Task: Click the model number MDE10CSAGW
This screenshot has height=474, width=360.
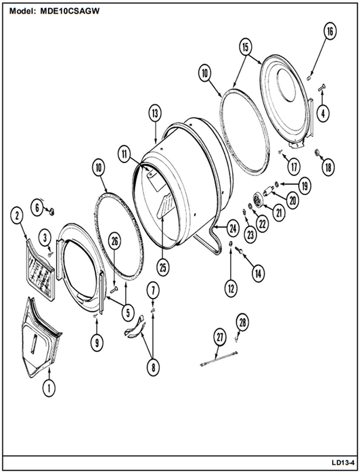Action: [70, 12]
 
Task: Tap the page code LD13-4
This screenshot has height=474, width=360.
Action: [343, 462]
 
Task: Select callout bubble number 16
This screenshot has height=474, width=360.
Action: [330, 31]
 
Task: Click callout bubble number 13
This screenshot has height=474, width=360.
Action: [155, 113]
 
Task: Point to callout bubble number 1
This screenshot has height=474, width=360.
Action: [49, 387]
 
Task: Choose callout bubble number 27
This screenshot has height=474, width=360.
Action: [219, 337]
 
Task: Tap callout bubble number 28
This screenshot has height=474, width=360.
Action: [242, 322]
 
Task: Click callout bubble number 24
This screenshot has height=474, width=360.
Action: [233, 229]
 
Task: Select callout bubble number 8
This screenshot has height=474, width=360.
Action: [153, 367]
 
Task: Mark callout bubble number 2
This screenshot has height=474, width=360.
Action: [17, 215]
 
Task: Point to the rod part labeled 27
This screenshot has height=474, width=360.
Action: [219, 358]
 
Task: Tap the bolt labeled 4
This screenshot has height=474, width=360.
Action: [322, 87]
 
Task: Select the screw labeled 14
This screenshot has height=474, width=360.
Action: [239, 250]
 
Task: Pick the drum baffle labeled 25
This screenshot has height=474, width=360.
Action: [164, 205]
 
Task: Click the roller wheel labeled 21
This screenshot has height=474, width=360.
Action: [258, 200]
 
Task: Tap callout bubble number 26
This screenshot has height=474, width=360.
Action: [115, 242]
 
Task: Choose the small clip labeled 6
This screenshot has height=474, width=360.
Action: [51, 211]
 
